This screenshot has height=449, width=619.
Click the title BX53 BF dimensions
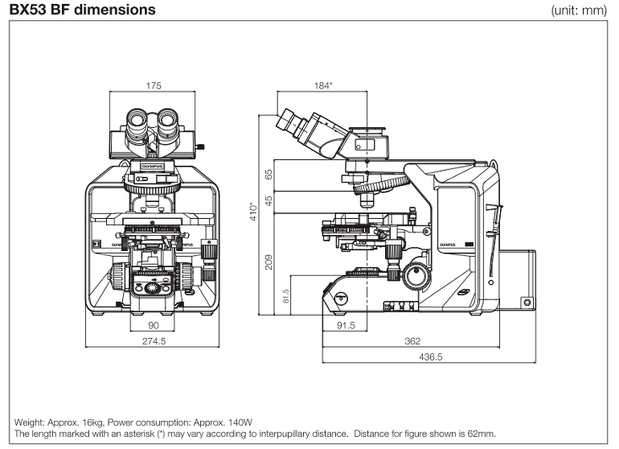point(82,10)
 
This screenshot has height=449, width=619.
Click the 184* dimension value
point(324,84)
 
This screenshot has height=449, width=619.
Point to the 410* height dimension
point(252,212)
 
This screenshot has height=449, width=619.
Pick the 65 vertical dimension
point(269,172)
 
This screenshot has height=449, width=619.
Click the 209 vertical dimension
point(269,261)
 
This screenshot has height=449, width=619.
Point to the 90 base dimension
point(152,325)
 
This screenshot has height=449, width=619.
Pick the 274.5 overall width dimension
point(153,340)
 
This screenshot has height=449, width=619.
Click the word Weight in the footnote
point(30,422)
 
